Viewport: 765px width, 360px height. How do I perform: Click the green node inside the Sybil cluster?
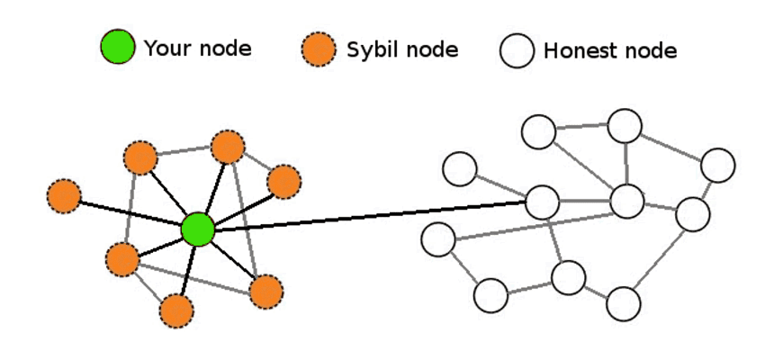(198, 229)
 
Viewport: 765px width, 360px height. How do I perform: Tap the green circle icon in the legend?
(118, 48)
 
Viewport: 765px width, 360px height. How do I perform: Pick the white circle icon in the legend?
(518, 51)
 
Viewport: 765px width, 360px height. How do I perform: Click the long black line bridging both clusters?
(369, 216)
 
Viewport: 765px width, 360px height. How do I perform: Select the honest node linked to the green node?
(542, 202)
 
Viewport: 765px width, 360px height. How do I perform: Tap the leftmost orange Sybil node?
(64, 196)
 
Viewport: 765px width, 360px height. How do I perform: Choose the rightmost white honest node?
(718, 165)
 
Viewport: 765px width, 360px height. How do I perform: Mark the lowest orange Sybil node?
(176, 310)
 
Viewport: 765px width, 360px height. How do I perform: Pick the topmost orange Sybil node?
(228, 147)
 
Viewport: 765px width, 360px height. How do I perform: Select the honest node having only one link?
(460, 167)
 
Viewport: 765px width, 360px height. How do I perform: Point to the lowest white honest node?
(623, 304)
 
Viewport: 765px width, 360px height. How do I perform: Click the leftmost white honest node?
(438, 238)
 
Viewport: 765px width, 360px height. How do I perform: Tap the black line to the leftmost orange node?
(130, 212)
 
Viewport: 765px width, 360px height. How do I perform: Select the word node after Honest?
(647, 51)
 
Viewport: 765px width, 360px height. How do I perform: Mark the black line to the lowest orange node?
(187, 270)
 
